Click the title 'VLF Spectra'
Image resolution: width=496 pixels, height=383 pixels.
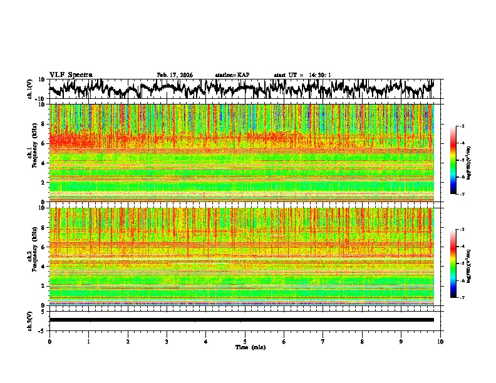tap(71, 75)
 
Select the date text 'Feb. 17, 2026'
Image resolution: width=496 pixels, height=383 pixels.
tap(175, 75)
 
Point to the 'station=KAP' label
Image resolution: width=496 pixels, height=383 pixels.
tap(232, 75)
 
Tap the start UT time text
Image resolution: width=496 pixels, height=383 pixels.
tap(302, 75)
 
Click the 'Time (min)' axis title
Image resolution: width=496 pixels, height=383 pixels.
tap(250, 347)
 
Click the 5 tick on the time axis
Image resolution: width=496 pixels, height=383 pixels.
tap(245, 341)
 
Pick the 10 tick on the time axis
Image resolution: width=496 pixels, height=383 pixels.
tap(440, 341)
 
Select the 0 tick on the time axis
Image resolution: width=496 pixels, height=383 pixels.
tap(49, 341)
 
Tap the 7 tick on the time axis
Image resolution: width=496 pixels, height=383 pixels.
tap(323, 341)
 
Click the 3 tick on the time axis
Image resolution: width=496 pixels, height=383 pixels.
tap(167, 341)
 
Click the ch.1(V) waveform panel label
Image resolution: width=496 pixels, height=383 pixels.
tap(30, 89)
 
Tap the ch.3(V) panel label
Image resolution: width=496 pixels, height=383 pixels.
tap(30, 320)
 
